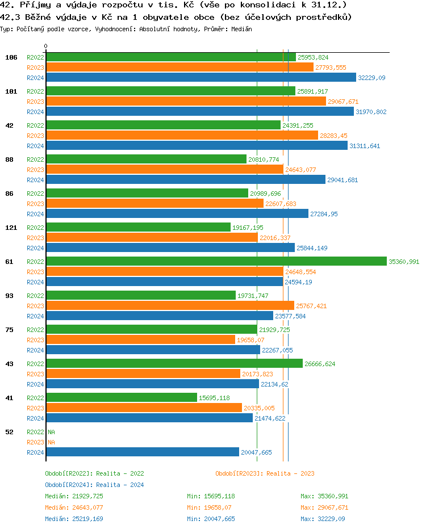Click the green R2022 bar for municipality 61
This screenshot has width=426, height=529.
pyautogui.click(x=216, y=261)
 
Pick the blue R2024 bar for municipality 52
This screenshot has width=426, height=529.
pyautogui.click(x=142, y=452)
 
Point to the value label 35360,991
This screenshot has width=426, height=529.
pyautogui.click(x=404, y=262)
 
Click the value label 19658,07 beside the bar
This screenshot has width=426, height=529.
pyautogui.click(x=250, y=340)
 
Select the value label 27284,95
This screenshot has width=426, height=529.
pyautogui.click(x=324, y=214)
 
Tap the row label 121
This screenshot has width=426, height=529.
pyautogui.click(x=10, y=228)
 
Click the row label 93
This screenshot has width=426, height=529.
pyautogui.click(x=9, y=296)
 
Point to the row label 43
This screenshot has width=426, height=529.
pyautogui.click(x=9, y=364)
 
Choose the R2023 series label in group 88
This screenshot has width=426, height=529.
pyautogui.click(x=35, y=170)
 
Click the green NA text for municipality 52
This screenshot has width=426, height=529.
pyautogui.click(x=51, y=432)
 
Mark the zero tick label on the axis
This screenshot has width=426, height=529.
pyautogui.click(x=46, y=46)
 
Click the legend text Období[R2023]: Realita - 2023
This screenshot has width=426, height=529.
pyautogui.click(x=265, y=473)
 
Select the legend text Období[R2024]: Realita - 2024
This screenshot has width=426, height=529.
pyautogui.click(x=94, y=485)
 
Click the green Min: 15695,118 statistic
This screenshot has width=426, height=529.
pyautogui.click(x=211, y=496)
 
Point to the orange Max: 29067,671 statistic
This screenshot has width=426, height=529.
pyautogui.click(x=324, y=507)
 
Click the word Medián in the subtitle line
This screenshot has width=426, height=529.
pyautogui.click(x=242, y=28)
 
